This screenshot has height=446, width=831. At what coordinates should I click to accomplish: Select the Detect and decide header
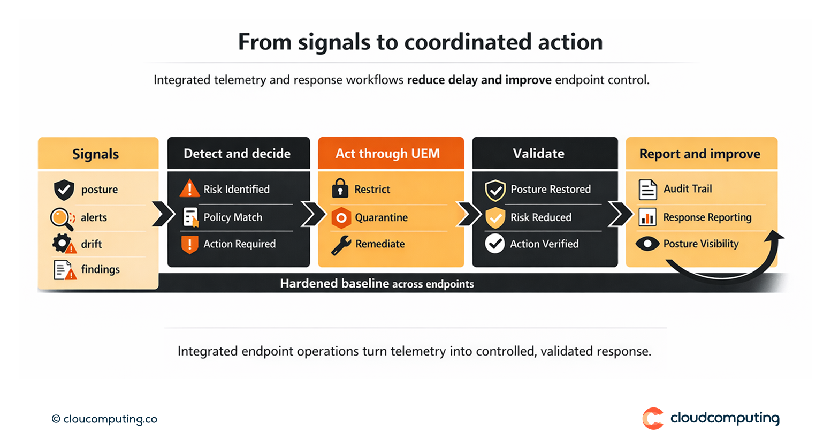point(238,154)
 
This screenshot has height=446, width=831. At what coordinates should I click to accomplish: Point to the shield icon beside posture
point(64,190)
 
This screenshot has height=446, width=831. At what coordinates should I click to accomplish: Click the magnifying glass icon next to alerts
point(61,218)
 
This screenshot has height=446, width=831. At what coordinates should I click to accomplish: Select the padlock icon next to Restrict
point(340,188)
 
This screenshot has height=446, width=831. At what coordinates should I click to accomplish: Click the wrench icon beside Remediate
point(341,245)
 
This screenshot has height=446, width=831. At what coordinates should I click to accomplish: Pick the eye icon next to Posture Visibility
point(647,244)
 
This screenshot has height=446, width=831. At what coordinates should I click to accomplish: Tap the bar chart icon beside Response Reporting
point(647,217)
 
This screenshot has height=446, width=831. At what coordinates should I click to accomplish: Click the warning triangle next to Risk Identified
point(189,189)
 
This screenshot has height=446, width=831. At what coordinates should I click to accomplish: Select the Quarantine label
point(381,217)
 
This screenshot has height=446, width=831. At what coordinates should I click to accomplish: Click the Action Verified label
point(544,244)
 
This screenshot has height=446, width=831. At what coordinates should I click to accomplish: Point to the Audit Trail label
point(688,188)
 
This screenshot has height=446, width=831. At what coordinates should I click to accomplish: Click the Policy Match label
point(233,217)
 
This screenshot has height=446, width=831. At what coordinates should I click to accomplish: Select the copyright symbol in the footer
point(56,419)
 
